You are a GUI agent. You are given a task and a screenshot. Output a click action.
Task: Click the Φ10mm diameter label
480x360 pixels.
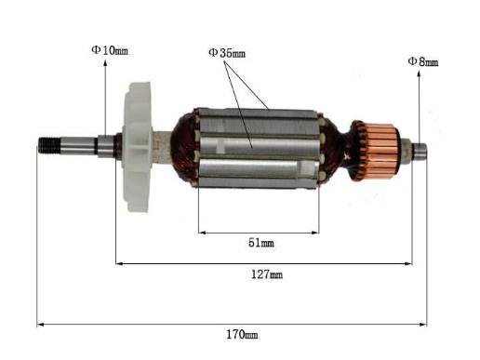[109, 50]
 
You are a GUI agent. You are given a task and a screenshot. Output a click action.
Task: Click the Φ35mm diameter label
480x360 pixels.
[226, 53]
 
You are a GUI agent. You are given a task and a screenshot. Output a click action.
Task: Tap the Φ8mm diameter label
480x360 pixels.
[422, 61]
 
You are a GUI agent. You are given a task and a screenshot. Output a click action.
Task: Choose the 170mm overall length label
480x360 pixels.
[242, 334]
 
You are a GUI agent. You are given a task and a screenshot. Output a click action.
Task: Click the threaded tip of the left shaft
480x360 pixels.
[48, 145]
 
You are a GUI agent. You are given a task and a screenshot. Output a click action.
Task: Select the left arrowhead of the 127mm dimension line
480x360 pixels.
[119, 263]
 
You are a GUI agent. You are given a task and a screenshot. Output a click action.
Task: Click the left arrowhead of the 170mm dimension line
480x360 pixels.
[40, 324]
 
